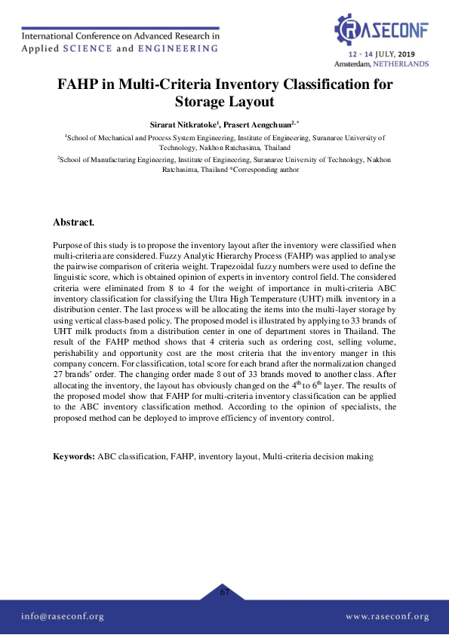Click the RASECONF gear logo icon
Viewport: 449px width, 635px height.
click(348, 29)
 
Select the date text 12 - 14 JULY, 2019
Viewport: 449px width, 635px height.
click(382, 55)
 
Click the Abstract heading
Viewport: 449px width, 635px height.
click(73, 222)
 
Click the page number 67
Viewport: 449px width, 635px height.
click(224, 592)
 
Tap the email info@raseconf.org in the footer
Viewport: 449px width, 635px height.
click(63, 616)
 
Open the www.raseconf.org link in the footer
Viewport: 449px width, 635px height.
click(387, 616)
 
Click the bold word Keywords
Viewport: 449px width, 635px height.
click(73, 456)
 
